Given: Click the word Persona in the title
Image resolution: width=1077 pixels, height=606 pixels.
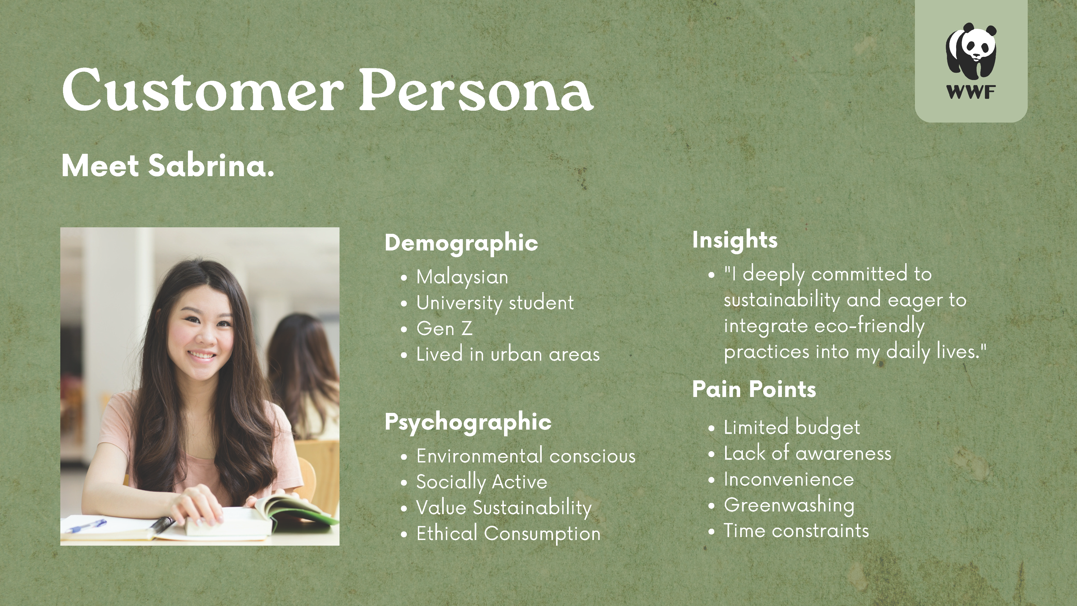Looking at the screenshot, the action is [476, 90].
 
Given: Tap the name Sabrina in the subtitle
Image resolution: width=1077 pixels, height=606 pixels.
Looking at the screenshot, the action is [211, 166].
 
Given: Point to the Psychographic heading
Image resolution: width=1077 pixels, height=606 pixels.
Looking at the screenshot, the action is [468, 422].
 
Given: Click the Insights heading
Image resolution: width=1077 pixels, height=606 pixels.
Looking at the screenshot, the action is [735, 240].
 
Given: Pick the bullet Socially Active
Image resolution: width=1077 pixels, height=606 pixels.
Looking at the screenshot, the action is [482, 482].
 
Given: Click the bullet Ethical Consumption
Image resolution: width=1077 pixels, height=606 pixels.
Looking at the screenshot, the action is [508, 534].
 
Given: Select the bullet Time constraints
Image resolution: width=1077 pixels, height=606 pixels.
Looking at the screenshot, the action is [796, 531].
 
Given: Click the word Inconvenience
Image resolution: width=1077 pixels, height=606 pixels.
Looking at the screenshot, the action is [789, 479].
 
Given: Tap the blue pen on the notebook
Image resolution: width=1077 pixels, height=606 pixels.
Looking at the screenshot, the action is [86, 526].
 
